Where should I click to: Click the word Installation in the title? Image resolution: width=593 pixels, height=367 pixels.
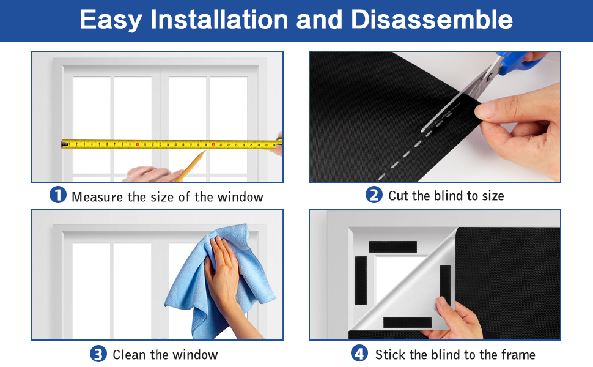pos(219,20)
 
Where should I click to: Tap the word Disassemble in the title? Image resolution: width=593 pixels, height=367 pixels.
pos(432,20)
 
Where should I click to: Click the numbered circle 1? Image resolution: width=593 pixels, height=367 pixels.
pos(58,195)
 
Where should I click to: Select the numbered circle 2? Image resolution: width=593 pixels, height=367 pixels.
pos(374,195)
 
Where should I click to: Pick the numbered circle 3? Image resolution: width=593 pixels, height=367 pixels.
pos(98,354)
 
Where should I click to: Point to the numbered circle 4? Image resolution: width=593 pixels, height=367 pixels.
pos(359,353)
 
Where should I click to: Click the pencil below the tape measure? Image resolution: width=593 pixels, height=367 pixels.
pos(191,166)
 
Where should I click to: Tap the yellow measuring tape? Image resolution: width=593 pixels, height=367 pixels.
pos(172,144)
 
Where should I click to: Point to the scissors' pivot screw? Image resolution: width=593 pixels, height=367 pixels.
pos(490,77)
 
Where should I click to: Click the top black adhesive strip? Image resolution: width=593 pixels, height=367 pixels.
pos(392,247)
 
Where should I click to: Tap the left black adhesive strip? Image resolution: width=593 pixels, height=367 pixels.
pos(361,280)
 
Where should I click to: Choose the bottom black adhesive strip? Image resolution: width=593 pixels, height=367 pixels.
pos(407,322)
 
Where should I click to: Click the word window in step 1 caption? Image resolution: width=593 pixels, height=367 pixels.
pos(240,197)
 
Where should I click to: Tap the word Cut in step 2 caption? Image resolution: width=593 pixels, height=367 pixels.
pos(399,196)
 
